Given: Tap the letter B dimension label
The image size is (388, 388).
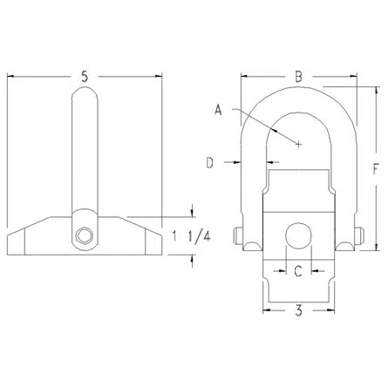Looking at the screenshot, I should (298, 78).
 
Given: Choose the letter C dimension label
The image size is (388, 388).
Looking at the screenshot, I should (297, 271).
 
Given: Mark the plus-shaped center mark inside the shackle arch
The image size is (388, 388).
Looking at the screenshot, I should (299, 144).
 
